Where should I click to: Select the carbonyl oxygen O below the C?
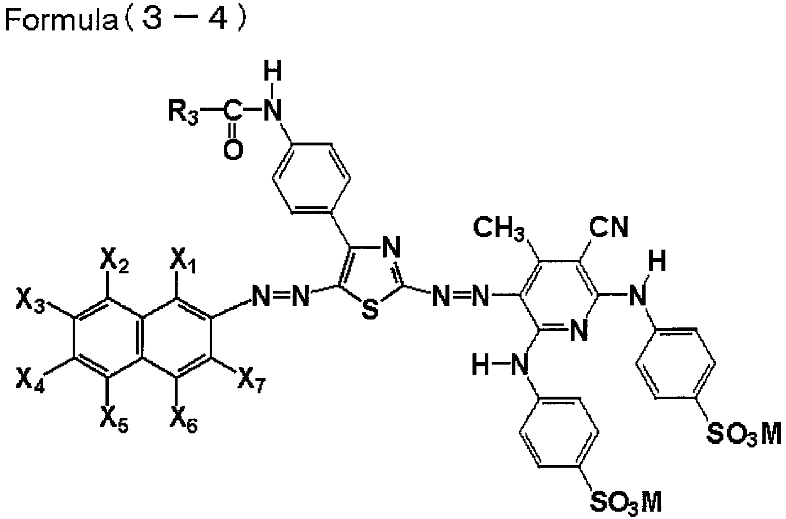click(x=233, y=150)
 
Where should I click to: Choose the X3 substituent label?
click(x=30, y=300)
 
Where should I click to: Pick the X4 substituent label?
click(x=30, y=380)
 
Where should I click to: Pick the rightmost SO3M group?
click(x=744, y=434)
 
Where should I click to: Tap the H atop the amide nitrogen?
click(x=273, y=72)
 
